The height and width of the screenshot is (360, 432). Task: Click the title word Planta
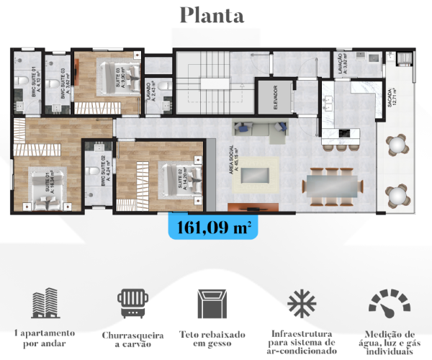click(x=212, y=15)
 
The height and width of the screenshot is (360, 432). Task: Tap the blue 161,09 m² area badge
click(x=213, y=228)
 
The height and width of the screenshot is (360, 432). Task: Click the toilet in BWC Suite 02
click(x=94, y=172)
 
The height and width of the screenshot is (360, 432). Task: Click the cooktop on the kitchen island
click(x=345, y=134)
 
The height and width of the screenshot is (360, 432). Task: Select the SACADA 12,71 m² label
click(x=391, y=101)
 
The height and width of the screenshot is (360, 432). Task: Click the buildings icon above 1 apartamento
click(x=45, y=305)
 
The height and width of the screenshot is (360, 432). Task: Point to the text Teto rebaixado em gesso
click(x=212, y=340)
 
